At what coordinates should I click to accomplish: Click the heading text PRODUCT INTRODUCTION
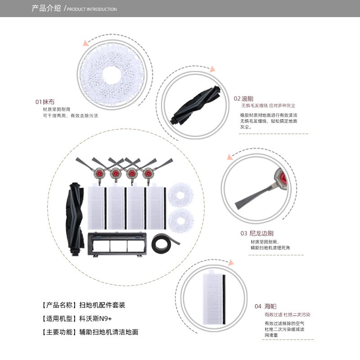pos(92,9)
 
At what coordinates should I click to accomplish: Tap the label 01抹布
pos(45,102)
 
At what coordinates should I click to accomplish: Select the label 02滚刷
pos(243,99)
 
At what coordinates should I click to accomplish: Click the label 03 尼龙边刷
pos(257,234)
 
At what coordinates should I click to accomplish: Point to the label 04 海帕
pos(265,306)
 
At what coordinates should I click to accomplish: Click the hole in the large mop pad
pos(111,75)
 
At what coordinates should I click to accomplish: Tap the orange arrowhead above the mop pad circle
pos(86,43)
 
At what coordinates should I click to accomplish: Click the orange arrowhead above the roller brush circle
pos(212,69)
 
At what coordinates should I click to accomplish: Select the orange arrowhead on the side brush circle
pos(229,157)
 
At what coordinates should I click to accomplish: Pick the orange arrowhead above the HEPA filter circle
pos(231,263)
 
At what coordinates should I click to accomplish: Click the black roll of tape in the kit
pos(165,243)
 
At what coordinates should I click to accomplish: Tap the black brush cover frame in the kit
pos(117,244)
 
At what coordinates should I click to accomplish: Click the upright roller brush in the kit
pos(75,219)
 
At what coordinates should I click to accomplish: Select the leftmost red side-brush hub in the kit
pos(99,173)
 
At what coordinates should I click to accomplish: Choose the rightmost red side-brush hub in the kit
pos(148,173)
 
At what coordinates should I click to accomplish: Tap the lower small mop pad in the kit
pos(181,220)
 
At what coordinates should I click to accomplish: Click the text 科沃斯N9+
pos(95,319)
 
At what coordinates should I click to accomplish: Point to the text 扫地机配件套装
pos(102,305)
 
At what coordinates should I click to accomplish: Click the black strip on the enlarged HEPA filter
pos(224,299)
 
